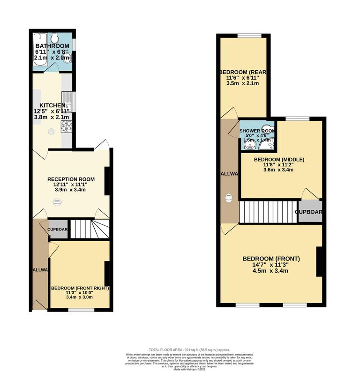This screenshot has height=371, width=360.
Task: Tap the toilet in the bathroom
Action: pos(55,38)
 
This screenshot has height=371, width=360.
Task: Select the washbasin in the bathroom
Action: pos(68,57)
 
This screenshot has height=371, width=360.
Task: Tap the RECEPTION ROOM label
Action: pos(71,179)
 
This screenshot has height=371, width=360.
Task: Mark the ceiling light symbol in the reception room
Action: pos(57,202)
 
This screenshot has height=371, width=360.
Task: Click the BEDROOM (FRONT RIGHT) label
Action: pos(80,288)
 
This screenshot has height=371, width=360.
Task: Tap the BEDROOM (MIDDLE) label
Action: pos(279,160)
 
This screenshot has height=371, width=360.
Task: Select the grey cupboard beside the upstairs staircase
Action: pos(310,211)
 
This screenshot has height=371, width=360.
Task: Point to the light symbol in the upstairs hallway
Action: pos(229,198)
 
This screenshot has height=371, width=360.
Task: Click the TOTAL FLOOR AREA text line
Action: pos(182,350)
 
